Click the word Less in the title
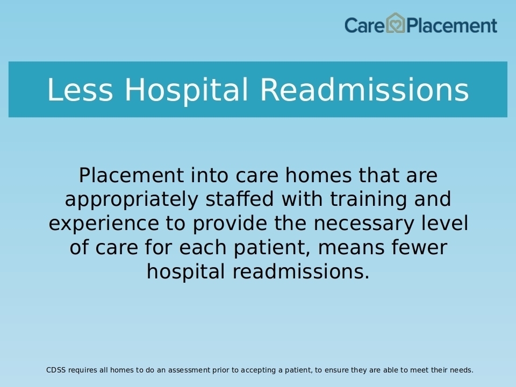(80, 90)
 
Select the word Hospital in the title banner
(186, 90)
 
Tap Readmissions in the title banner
(364, 90)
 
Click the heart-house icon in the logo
(395, 23)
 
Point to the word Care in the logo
(364, 25)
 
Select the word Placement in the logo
(452, 25)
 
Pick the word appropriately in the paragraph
(132, 199)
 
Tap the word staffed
(240, 199)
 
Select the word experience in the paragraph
(104, 224)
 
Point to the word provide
(230, 224)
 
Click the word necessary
(364, 224)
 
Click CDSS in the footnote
(56, 370)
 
